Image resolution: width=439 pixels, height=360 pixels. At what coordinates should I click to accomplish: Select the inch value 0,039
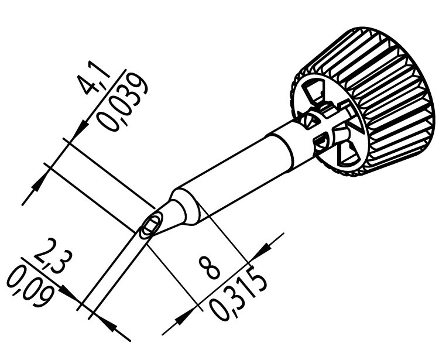[x=122, y=102]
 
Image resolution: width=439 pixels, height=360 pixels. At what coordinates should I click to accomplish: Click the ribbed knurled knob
[x=364, y=101]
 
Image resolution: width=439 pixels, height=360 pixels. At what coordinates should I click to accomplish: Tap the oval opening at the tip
[x=150, y=225]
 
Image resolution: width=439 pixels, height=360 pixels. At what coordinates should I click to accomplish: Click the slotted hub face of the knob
[x=328, y=122]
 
